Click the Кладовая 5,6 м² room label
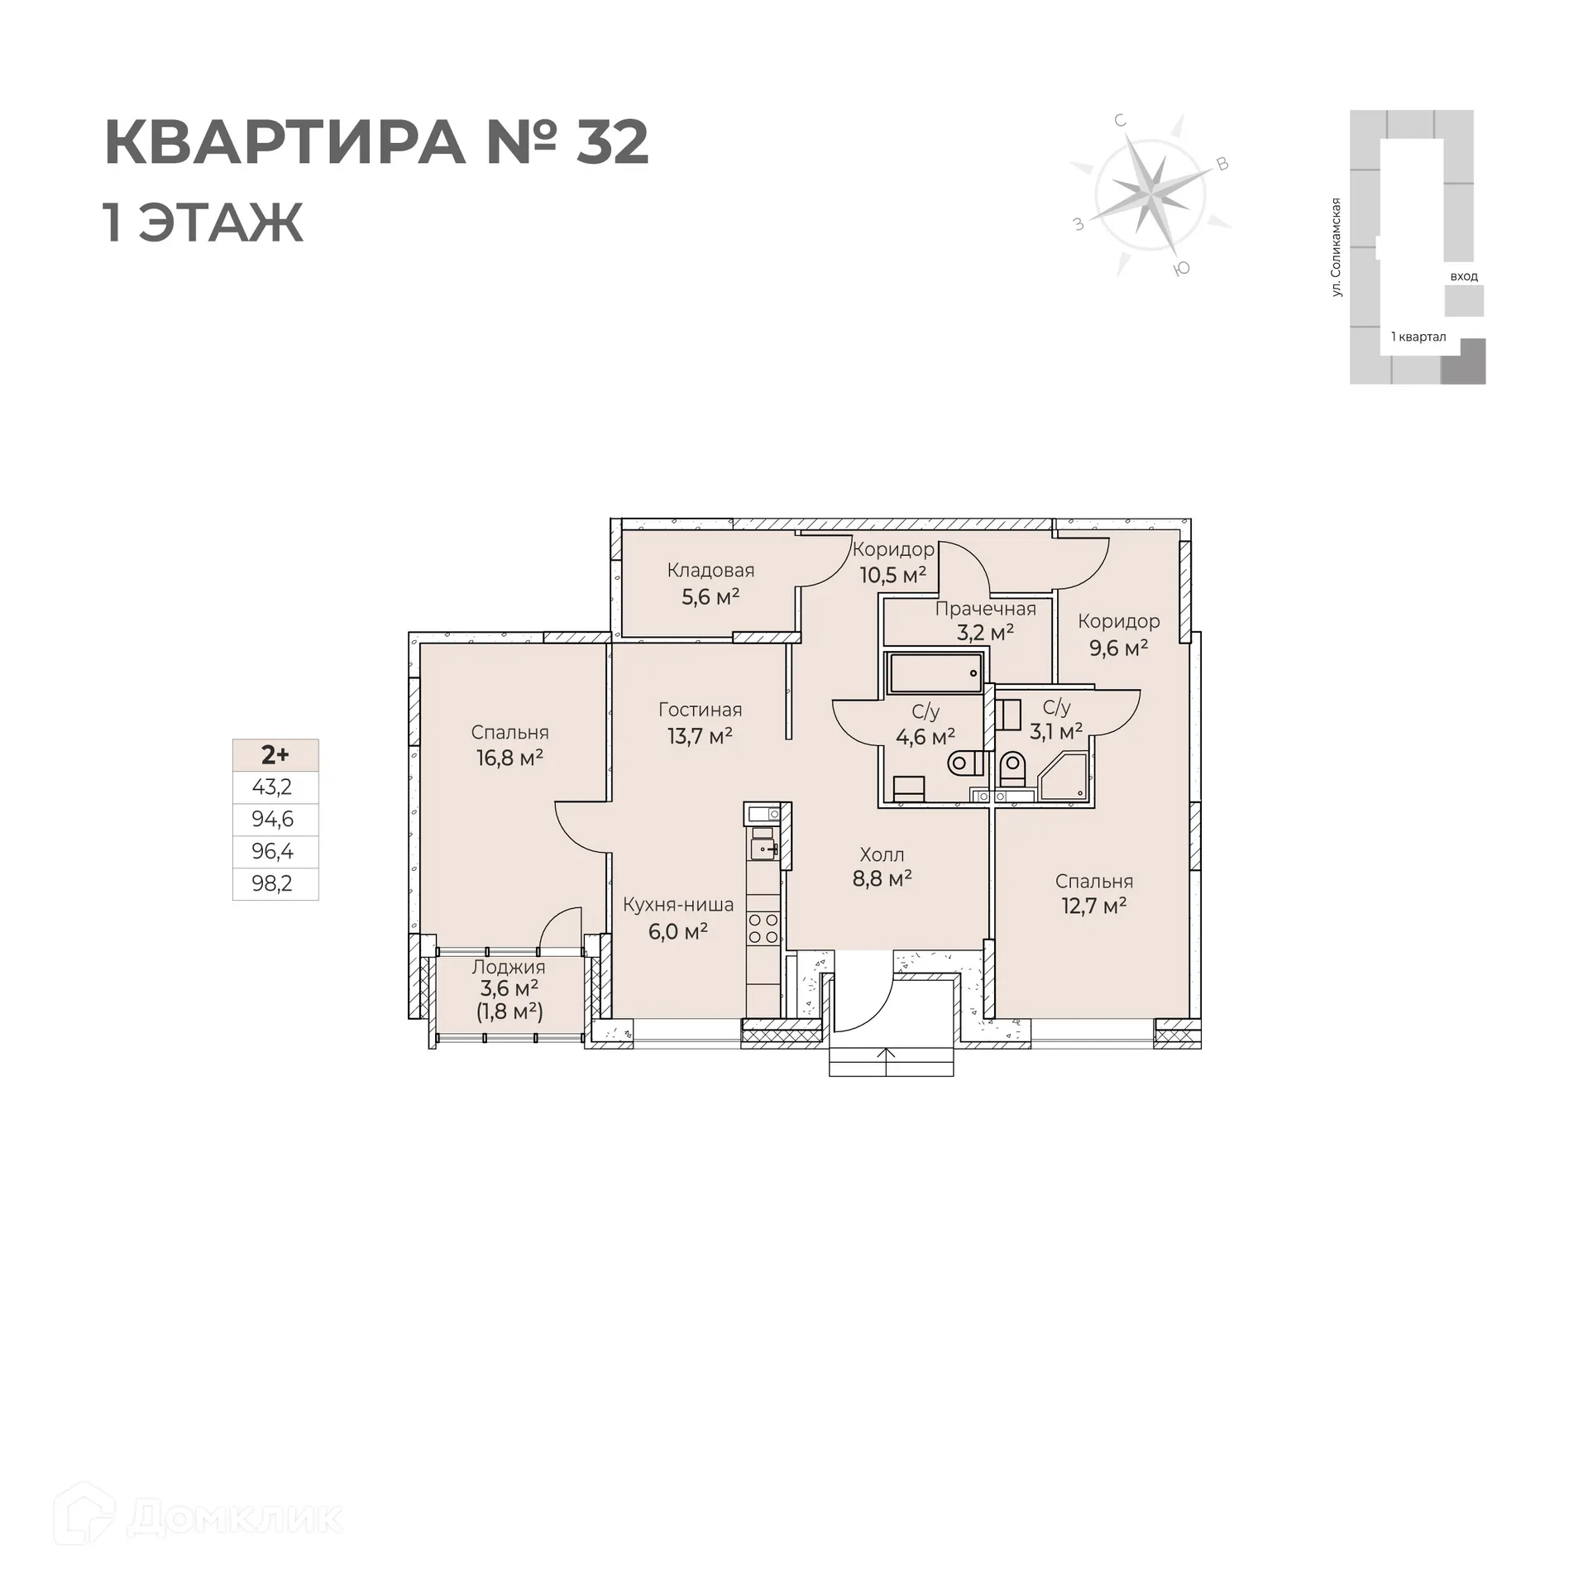point(710,584)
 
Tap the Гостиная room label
point(700,710)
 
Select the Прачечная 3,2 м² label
point(985,621)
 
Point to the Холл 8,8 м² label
point(882,866)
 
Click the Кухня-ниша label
point(678,905)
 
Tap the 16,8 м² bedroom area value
point(509,757)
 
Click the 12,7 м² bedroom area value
point(1094,906)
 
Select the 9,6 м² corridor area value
point(1118,648)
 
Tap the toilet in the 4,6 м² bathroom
point(965,762)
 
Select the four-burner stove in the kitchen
point(763,929)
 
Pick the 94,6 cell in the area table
point(273,820)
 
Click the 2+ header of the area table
point(275,754)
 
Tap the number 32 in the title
point(611,143)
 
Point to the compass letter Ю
point(1183,269)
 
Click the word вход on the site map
point(1463,276)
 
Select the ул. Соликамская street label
point(1336,248)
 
